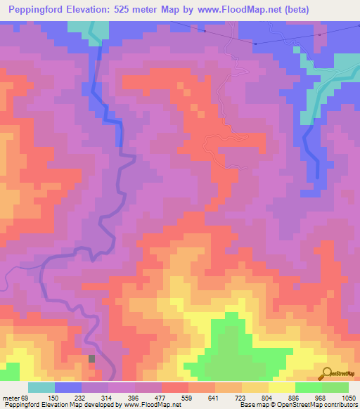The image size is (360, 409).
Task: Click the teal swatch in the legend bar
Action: coord(41,387)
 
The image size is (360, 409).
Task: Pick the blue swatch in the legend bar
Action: coord(68,387)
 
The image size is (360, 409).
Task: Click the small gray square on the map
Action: coord(91,359)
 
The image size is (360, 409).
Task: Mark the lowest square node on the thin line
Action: coord(255,44)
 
